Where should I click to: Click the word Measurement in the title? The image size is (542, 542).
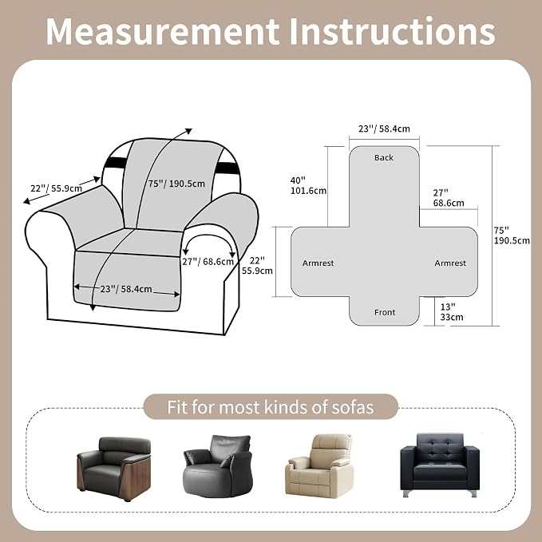[163, 31]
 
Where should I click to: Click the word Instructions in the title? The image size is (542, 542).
[393, 31]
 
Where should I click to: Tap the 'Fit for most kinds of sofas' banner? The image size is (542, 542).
[271, 407]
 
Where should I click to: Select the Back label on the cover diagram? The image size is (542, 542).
[384, 157]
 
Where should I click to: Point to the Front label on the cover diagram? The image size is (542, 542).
[385, 312]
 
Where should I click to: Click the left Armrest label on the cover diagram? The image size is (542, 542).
[318, 263]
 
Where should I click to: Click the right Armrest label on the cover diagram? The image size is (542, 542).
[450, 263]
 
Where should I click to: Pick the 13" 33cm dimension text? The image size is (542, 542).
[452, 312]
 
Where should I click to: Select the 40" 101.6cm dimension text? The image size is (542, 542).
[308, 186]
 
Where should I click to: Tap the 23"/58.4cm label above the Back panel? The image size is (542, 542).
[384, 129]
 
